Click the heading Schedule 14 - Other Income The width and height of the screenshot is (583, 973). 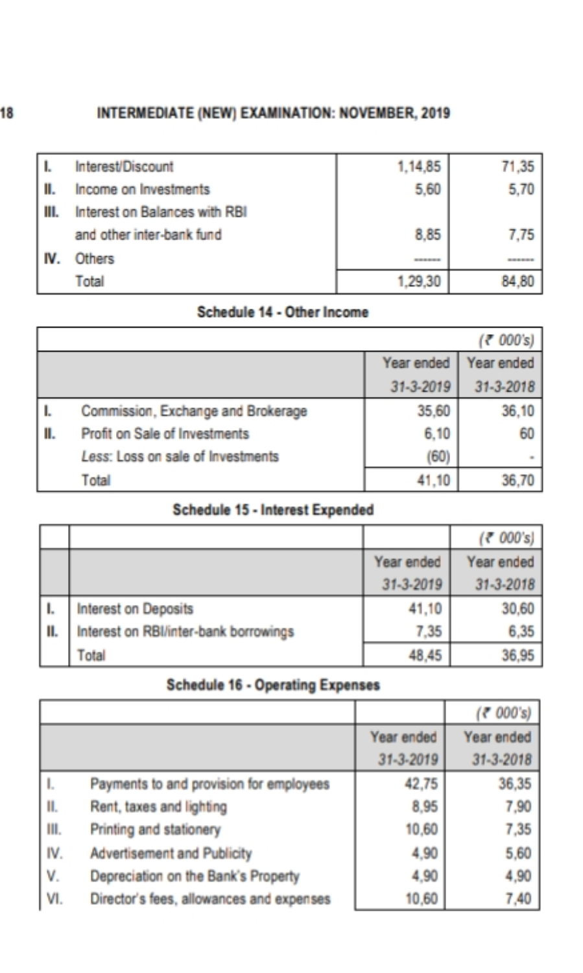pos(282,312)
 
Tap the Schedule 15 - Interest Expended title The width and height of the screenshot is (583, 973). pos(273,510)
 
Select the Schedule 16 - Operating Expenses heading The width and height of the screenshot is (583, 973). pos(273,685)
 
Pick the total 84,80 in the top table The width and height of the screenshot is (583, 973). pos(518,282)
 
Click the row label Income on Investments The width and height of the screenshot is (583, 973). pos(142,189)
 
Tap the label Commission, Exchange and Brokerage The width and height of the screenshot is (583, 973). pos(194,411)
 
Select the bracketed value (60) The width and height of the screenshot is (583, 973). pos(438,457)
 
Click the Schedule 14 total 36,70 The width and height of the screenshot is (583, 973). pos(518,481)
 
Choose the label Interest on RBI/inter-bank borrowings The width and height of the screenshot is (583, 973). pos(185,632)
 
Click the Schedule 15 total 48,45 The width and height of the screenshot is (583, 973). pos(425,655)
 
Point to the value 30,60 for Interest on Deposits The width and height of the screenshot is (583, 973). pos(518,608)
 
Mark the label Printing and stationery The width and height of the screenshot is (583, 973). pos(155,830)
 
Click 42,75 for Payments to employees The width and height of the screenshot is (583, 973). pos(421,784)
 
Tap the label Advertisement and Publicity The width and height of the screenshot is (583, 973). pos(171,853)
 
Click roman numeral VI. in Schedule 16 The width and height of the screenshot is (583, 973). pos(54,899)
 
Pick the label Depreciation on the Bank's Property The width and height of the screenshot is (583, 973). pos(195,876)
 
